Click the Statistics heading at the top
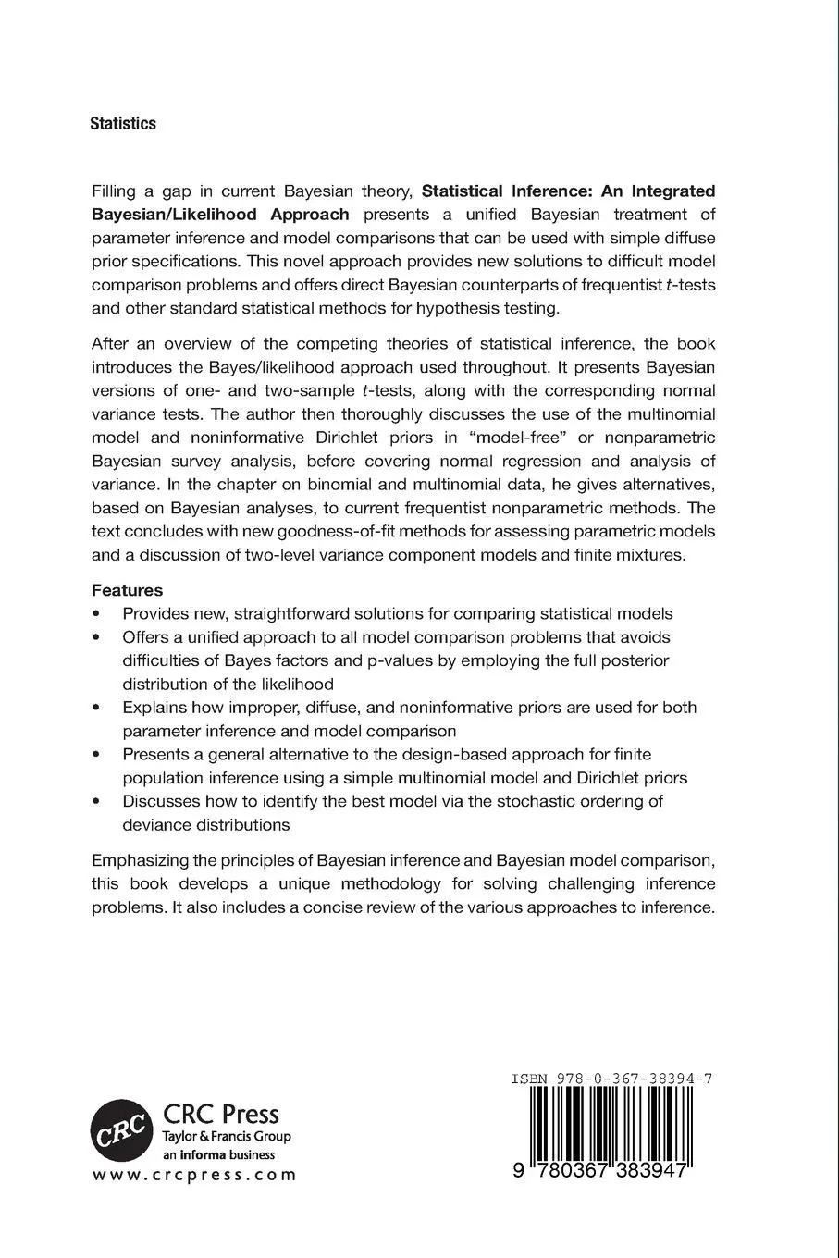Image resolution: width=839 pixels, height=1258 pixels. pyautogui.click(x=122, y=124)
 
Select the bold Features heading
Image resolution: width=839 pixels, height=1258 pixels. pyautogui.click(x=127, y=590)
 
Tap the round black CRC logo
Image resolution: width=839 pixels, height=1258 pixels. pyautogui.click(x=120, y=1129)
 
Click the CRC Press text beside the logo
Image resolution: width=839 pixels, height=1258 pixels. pyautogui.click(x=220, y=1114)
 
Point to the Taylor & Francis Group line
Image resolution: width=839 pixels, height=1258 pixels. pyautogui.click(x=226, y=1137)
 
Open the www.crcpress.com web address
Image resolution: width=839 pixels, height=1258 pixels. pyautogui.click(x=194, y=1175)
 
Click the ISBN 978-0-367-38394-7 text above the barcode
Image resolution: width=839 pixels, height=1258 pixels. pyautogui.click(x=611, y=1079)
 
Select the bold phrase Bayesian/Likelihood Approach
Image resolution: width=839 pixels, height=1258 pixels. pyautogui.click(x=220, y=215)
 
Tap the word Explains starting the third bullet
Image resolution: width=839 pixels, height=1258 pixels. pyautogui.click(x=153, y=708)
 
